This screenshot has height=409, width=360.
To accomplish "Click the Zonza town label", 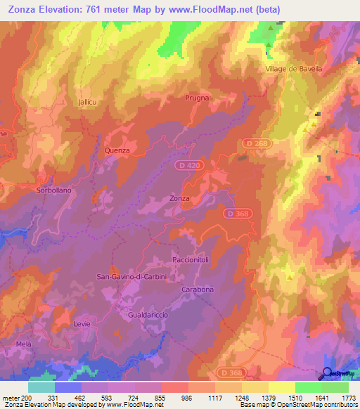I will (179, 198).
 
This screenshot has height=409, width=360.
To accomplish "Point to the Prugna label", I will (197, 98).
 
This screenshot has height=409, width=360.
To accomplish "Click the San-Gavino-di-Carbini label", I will (131, 277).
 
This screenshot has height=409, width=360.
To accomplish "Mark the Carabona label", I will (198, 290).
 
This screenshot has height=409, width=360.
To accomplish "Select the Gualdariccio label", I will (148, 316).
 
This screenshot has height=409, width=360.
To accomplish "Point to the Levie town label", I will (82, 324).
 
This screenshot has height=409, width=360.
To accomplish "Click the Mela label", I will (24, 344).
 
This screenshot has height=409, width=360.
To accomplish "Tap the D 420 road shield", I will (186, 164).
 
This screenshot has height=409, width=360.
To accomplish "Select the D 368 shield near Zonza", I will (237, 213).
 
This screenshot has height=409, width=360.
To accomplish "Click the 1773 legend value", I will (349, 398).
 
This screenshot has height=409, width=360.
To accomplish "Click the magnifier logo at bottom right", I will (328, 374).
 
